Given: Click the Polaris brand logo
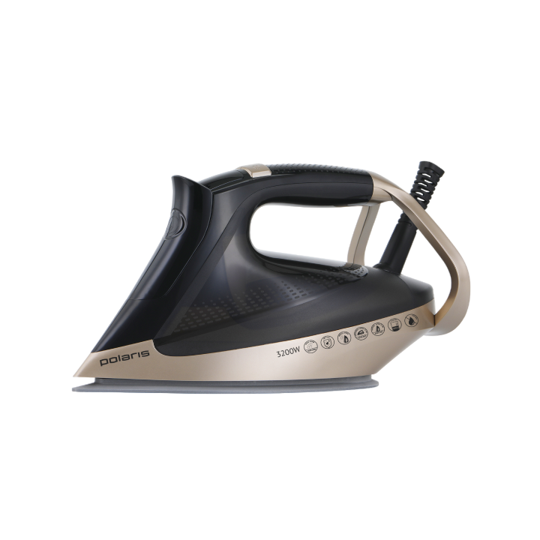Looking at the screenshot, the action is click(124, 358).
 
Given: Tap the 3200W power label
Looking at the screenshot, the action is click(288, 352).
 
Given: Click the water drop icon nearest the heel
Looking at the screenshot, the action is click(410, 320).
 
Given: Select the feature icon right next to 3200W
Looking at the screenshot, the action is click(310, 346).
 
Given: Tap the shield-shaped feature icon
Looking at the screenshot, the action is click(328, 342).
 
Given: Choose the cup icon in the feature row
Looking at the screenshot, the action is click(394, 325).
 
